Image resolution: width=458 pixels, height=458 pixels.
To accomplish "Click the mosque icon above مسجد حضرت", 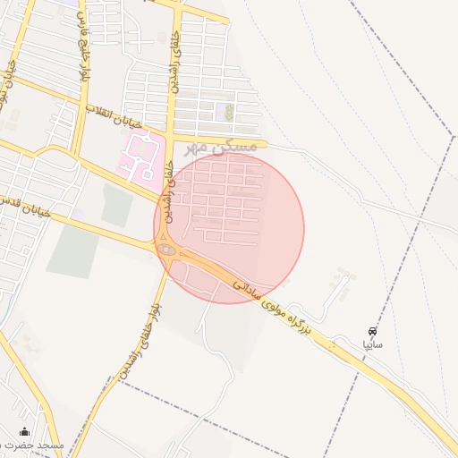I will (x=24, y=431).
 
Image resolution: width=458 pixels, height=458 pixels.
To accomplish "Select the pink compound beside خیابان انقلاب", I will (x=139, y=157).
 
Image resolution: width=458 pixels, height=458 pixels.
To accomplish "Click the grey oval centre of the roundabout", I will (x=167, y=250).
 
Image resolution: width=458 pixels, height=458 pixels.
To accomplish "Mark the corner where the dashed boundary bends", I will (x=454, y=137).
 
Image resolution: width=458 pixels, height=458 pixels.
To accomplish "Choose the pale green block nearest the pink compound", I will (x=117, y=206).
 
